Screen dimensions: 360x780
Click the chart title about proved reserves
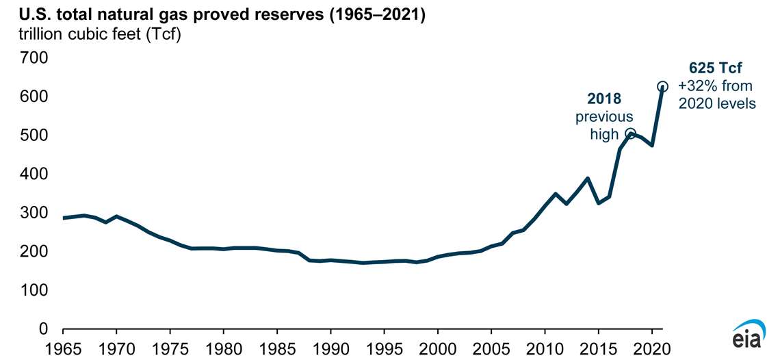[x=214, y=15]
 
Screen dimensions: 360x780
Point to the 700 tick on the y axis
[x=34, y=58]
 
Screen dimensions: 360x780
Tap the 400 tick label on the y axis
[x=34, y=175]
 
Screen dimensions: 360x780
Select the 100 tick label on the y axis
[x=34, y=291]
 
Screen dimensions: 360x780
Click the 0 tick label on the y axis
[x=42, y=329]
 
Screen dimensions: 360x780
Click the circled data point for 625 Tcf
[x=662, y=87]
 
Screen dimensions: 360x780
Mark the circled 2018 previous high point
[x=631, y=133]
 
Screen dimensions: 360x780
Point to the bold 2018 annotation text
[x=603, y=100]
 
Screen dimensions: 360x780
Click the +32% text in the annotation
[x=692, y=86]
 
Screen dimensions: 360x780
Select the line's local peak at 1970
[x=116, y=216]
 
